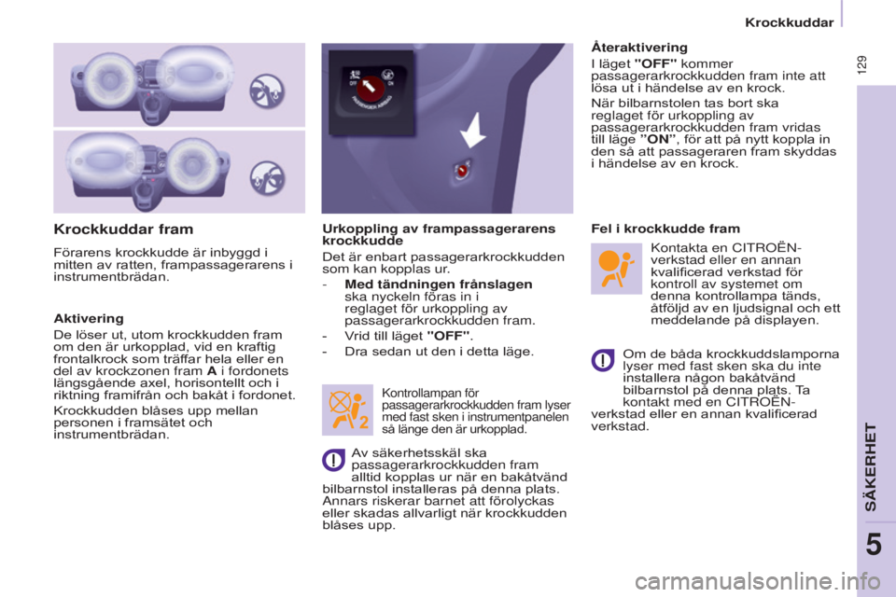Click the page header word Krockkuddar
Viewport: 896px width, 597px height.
tap(790, 22)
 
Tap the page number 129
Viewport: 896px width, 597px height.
tap(861, 64)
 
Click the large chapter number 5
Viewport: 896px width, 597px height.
tap(874, 545)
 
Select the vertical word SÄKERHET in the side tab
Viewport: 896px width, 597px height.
tap(870, 466)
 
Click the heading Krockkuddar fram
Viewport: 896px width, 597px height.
tap(123, 229)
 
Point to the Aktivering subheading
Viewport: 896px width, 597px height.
tap(89, 318)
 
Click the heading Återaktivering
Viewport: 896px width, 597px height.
tap(639, 47)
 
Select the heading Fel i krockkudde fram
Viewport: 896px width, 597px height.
tap(665, 229)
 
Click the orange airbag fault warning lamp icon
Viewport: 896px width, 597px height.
tap(616, 269)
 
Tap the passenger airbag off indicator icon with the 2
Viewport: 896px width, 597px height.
tap(347, 410)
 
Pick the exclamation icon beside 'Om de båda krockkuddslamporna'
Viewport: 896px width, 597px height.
tap(603, 360)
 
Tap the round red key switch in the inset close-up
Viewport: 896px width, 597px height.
tap(371, 88)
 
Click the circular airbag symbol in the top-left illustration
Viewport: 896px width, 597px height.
tap(267, 90)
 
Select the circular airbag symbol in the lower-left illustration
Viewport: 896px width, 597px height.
tap(267, 177)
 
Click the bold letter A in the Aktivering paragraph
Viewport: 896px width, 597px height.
tap(212, 370)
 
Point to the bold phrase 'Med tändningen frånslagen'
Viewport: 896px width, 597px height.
tap(439, 284)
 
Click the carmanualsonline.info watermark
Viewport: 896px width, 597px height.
tap(757, 581)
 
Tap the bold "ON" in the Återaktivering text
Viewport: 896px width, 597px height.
tap(658, 139)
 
